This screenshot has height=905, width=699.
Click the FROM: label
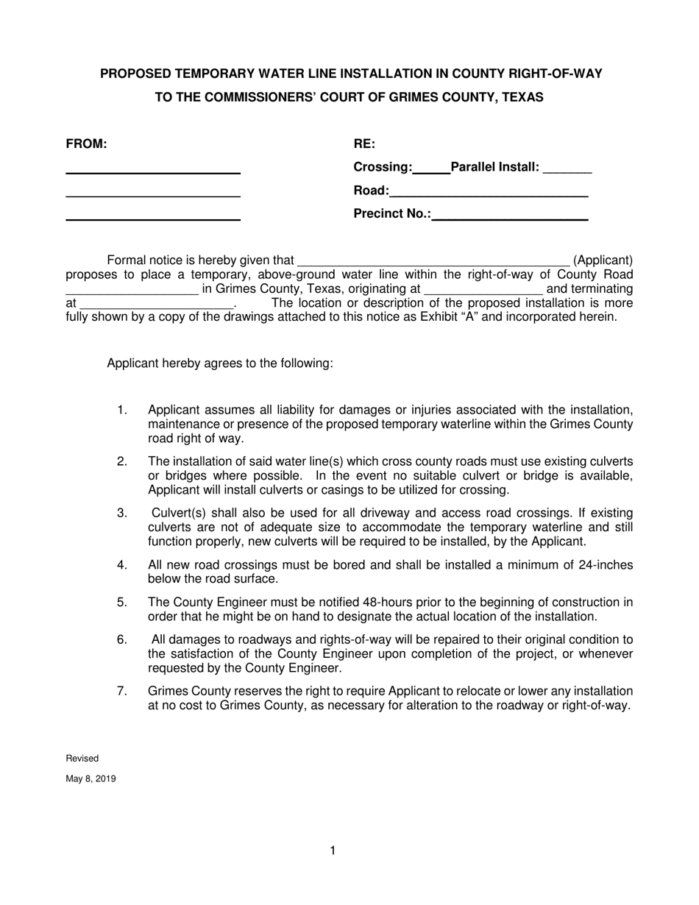click(87, 144)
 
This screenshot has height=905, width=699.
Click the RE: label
click(364, 144)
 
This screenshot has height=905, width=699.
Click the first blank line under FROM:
click(153, 172)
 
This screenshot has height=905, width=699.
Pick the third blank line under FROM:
click(153, 219)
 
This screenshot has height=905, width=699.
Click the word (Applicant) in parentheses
click(603, 260)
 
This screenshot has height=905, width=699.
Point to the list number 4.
click(122, 565)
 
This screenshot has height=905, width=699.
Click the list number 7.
click(122, 691)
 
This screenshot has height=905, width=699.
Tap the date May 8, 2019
click(91, 778)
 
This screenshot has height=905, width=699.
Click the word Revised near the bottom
click(82, 759)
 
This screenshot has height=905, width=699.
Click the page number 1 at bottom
click(333, 851)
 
